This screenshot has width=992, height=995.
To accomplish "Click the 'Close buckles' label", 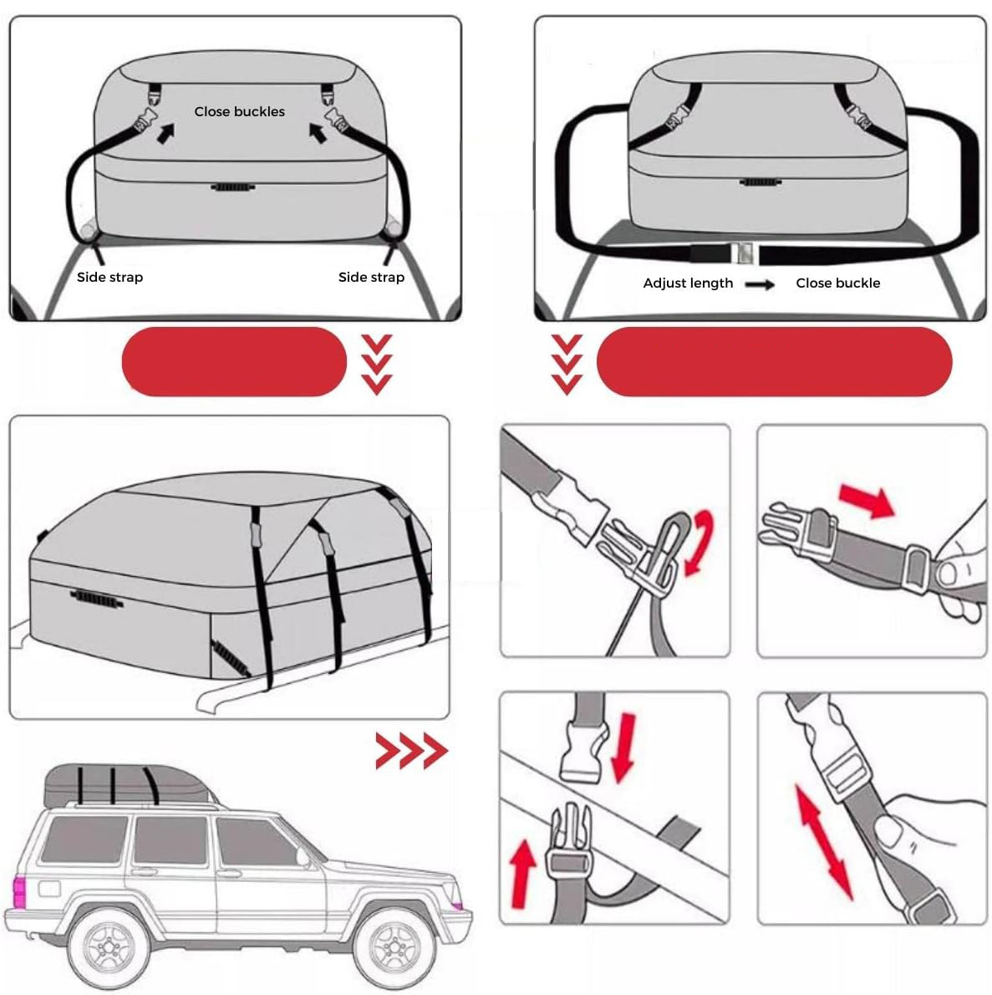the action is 239,112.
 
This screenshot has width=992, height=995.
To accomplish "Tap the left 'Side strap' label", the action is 109,278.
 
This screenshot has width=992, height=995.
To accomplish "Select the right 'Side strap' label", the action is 371,278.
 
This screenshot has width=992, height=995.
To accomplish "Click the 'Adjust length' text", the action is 688,283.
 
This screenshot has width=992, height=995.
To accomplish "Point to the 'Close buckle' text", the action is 838,283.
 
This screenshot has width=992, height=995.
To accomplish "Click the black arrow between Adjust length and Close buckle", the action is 760,284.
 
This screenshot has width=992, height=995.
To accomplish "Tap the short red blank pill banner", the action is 234,362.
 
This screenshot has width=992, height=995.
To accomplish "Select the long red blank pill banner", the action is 775,362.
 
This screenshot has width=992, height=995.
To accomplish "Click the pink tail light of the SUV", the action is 19,891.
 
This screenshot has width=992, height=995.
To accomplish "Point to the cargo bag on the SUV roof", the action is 130,784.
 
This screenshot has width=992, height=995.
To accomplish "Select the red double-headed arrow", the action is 822,841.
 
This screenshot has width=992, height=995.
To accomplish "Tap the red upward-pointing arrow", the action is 522,873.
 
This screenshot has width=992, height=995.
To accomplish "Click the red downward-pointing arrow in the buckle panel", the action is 623,748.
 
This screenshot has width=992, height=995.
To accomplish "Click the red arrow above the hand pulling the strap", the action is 867,500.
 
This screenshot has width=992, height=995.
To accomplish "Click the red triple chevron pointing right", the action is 412,751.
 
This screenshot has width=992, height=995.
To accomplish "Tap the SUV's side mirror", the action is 303,858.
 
